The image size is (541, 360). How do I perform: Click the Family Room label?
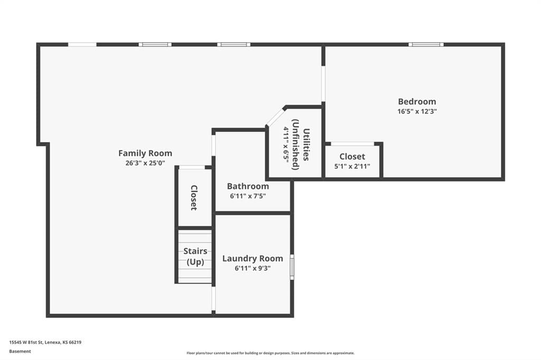(145, 153)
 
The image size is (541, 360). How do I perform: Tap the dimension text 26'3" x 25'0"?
(145, 163)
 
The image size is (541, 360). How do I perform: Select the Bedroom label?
(417, 101)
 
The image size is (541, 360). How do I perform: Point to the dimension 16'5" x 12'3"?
(417, 111)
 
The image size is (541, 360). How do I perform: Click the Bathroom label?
(248, 186)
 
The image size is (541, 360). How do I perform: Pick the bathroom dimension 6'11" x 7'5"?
(248, 196)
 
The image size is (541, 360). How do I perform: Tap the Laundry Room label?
(253, 258)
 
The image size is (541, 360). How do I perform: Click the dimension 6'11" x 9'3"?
(253, 268)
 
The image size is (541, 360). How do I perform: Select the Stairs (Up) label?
(195, 256)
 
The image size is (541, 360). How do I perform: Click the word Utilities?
(306, 145)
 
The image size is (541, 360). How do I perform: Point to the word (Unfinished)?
(296, 145)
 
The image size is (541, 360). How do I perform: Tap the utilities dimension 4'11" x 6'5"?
(286, 145)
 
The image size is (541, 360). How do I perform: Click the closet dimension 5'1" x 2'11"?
(352, 166)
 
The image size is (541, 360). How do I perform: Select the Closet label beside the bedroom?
(352, 157)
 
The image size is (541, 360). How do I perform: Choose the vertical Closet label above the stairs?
(194, 197)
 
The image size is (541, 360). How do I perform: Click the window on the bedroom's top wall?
(426, 44)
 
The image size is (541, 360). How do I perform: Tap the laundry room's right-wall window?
(292, 267)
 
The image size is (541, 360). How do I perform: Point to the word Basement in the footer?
(20, 352)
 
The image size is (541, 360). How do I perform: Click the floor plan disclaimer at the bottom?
(270, 353)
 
